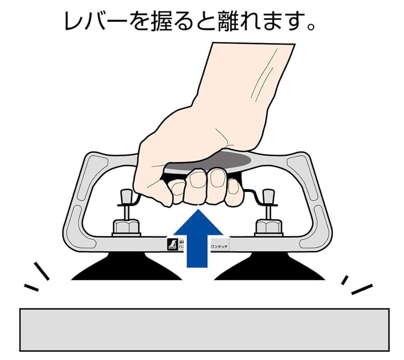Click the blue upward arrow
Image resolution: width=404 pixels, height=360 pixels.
[198, 243]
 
